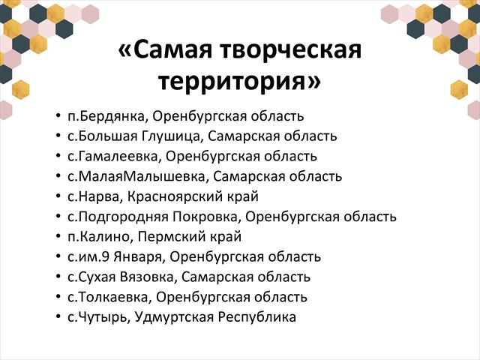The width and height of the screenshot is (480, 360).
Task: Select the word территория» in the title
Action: pos(240,81)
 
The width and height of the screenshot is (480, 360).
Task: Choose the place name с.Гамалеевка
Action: pos(112,157)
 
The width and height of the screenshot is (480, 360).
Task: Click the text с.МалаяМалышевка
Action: pos(136,177)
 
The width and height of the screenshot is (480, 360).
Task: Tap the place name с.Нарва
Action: pos(94,196)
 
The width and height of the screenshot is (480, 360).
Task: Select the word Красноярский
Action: pos(174,196)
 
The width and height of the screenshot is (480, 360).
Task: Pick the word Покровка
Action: pos(205,217)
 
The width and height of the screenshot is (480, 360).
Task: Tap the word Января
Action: pos(140,257)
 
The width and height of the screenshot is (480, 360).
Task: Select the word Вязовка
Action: pos(147,277)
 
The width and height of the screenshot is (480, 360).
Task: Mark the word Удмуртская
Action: pos(174,317)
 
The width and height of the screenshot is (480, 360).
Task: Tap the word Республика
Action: pos(257,317)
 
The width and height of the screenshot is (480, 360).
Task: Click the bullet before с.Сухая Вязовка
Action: pos(58,277)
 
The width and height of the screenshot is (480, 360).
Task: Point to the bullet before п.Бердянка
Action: pos(58,116)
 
